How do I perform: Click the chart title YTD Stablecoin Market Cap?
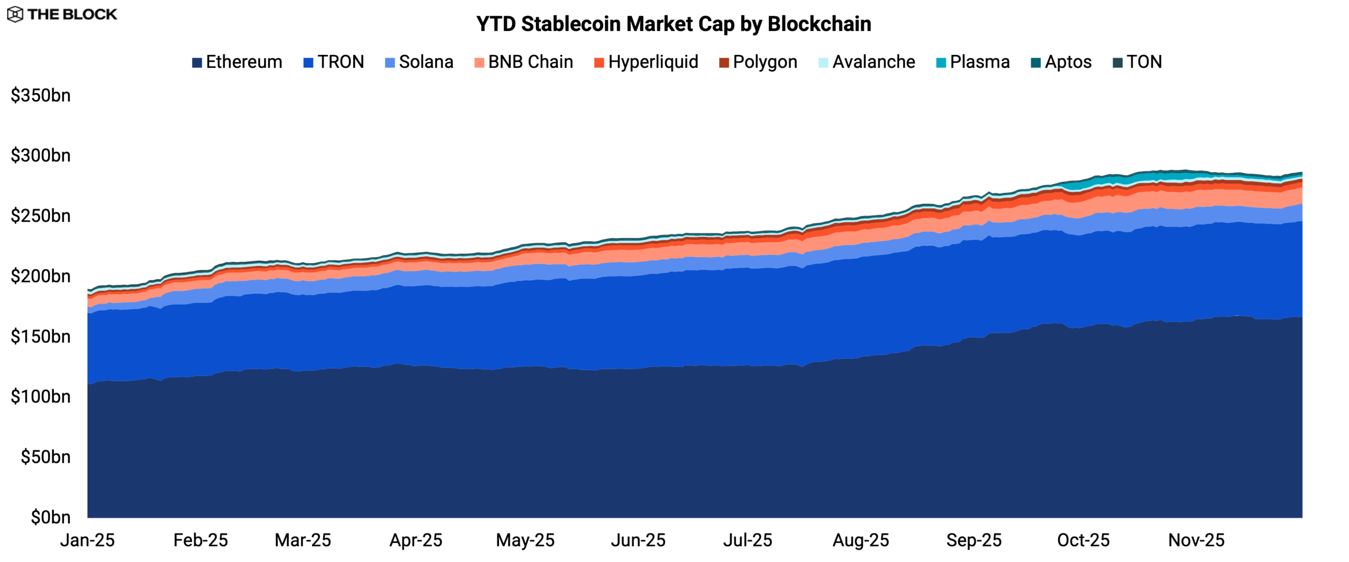(x=673, y=24)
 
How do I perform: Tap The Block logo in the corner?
(x=62, y=14)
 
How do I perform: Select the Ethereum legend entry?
(x=237, y=62)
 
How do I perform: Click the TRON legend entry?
(x=334, y=62)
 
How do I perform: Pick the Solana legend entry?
(x=419, y=62)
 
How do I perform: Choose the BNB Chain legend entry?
(x=524, y=62)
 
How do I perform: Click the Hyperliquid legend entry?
(x=646, y=62)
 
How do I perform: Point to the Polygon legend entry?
(x=758, y=62)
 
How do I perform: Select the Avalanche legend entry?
(x=867, y=62)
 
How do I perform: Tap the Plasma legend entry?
(x=973, y=62)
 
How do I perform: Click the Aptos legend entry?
(x=1061, y=62)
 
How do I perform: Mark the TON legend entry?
(x=1137, y=62)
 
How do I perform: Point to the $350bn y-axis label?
(x=41, y=96)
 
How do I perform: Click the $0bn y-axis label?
(x=51, y=517)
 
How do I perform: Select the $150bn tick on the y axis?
(x=41, y=337)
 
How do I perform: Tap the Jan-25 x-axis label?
(x=87, y=540)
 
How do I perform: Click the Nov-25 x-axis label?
(x=1196, y=540)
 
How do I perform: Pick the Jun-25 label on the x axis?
(x=638, y=540)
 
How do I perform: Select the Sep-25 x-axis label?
(x=974, y=540)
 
